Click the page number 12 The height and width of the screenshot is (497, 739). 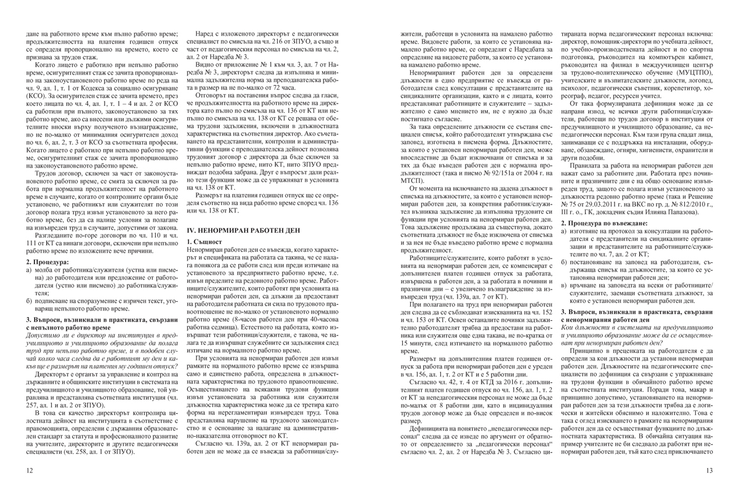pos(29,472)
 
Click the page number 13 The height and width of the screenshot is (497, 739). pos(709,472)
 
